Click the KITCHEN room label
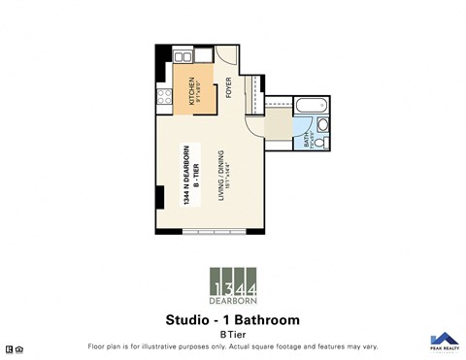point(191,90)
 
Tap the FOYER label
point(229,87)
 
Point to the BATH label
point(307,141)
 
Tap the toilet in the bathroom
point(323,125)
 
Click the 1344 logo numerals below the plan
point(233,288)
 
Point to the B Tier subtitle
point(233,333)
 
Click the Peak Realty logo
point(443,341)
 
